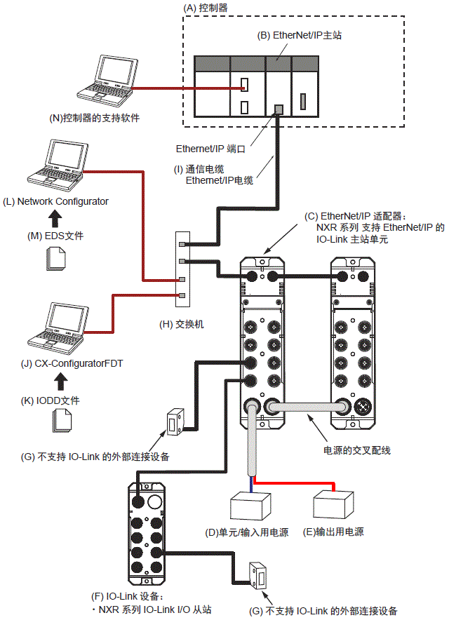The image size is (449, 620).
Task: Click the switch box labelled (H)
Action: coord(182,269)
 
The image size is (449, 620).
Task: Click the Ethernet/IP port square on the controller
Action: coord(278,109)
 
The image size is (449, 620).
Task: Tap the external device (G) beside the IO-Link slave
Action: coord(257,573)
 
